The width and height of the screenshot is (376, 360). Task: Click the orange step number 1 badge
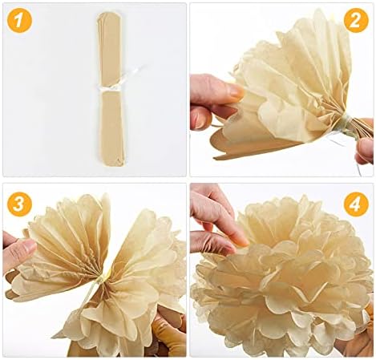pyautogui.click(x=20, y=20)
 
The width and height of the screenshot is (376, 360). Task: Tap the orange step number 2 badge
pyautogui.click(x=355, y=20)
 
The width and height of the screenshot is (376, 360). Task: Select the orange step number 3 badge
pyautogui.click(x=20, y=204)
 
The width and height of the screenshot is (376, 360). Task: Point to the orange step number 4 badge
pyautogui.click(x=355, y=204)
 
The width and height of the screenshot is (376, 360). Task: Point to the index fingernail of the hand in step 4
pyautogui.click(x=239, y=237)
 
